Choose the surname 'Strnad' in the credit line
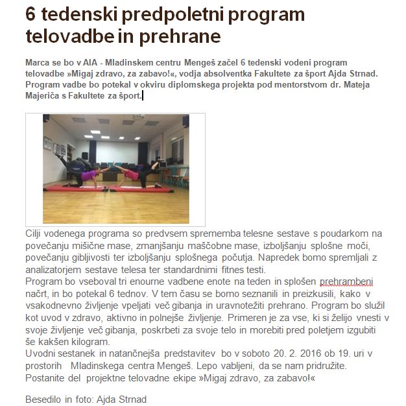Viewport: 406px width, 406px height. coord(132,399)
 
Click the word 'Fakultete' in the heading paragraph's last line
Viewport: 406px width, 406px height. coord(104,96)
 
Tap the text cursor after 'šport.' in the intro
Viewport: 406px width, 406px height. coord(142,96)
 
